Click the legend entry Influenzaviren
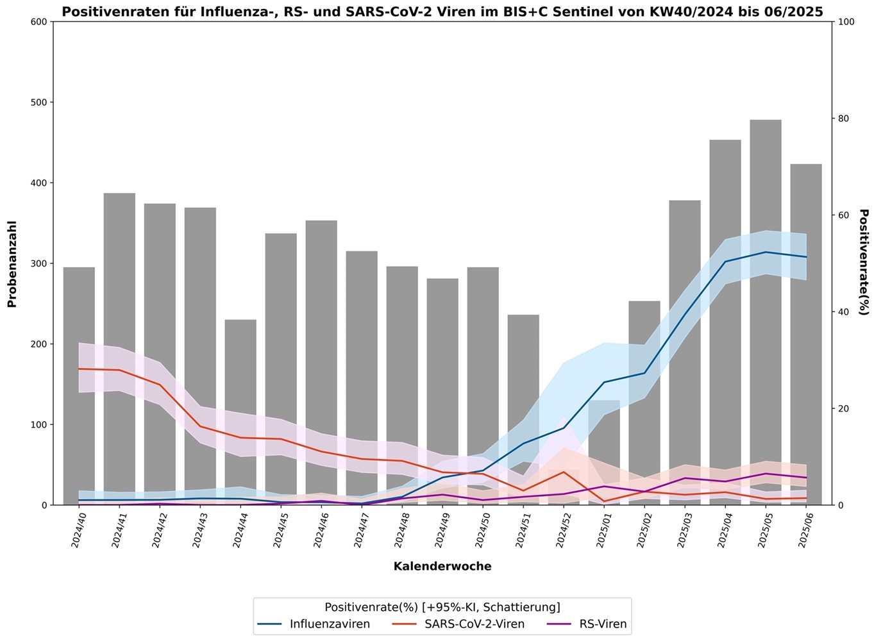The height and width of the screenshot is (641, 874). [x=314, y=624]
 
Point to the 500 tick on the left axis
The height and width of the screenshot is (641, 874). [x=39, y=103]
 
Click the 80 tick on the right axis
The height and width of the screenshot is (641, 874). [x=845, y=119]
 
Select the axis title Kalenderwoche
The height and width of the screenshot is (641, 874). [x=442, y=567]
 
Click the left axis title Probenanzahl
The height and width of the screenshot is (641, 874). [x=12, y=264]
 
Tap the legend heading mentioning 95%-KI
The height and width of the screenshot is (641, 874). [x=442, y=607]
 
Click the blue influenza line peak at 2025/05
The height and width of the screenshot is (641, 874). [x=766, y=252]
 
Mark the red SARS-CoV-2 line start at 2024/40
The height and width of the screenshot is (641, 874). [x=79, y=369]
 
